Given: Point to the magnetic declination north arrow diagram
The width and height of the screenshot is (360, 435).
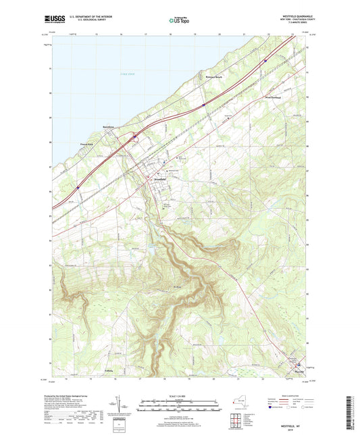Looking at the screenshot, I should pos(126,407).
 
